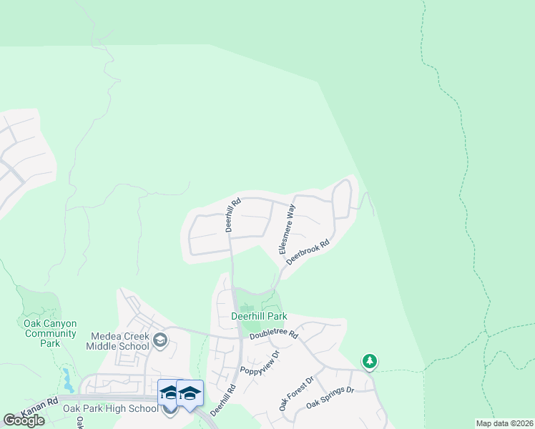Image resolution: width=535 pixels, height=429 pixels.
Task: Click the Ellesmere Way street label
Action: pos(287,229)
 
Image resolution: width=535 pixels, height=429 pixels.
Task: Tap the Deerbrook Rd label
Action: pos(308,252)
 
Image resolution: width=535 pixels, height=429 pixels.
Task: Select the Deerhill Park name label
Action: pos(258,316)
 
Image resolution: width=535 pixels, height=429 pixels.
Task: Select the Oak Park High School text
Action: pos(110,409)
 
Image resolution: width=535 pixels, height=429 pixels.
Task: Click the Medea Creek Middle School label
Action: pos(119,341)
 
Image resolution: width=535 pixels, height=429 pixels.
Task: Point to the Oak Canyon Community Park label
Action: pos(50,333)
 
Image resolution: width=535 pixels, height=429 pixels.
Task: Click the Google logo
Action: pos(24,420)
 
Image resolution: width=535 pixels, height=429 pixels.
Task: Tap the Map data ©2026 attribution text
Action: pos(504,423)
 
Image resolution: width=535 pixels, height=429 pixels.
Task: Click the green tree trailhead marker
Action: pos(369,362)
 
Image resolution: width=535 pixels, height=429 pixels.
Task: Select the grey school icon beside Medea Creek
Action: pos(160,339)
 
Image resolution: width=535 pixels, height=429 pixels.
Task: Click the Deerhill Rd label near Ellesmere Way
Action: pos(233,214)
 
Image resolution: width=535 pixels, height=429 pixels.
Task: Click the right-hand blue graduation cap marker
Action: pos(190,394)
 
